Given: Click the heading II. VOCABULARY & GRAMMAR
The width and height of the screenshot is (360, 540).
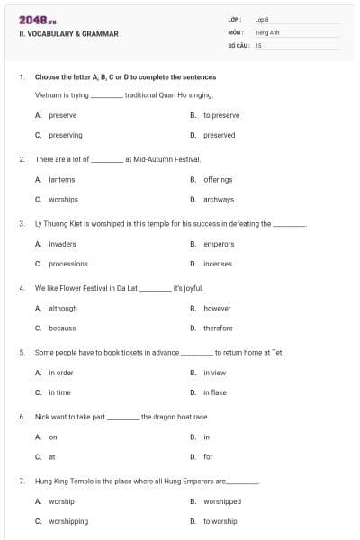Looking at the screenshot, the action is [68, 34].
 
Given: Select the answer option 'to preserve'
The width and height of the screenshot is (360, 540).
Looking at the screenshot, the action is [221, 115].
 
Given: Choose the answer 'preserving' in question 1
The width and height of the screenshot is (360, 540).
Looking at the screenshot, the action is [66, 135].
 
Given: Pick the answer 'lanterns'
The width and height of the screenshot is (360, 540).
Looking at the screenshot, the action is [62, 179].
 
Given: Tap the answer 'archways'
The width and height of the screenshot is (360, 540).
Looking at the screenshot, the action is [219, 199].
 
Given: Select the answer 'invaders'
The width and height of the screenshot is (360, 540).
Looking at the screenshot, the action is [62, 244].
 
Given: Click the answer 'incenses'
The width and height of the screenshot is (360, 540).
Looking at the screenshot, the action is [218, 264].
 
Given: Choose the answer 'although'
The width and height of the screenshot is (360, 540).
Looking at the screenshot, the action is [63, 308].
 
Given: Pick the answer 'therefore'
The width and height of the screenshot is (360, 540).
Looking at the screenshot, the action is [218, 328].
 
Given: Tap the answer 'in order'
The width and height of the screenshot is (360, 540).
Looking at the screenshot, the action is [61, 373].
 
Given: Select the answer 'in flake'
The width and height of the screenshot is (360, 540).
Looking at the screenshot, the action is [215, 392].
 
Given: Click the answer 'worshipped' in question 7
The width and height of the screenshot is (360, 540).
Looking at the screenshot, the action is [222, 501].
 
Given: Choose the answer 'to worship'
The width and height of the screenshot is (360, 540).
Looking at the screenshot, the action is [220, 521].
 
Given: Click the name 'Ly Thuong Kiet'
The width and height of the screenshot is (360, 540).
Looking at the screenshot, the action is [57, 223].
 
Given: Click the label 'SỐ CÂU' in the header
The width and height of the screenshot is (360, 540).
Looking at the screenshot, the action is [238, 44].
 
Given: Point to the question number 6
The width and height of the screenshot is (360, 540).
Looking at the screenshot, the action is [22, 417].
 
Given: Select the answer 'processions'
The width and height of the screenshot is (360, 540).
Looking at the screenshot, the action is [68, 264].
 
